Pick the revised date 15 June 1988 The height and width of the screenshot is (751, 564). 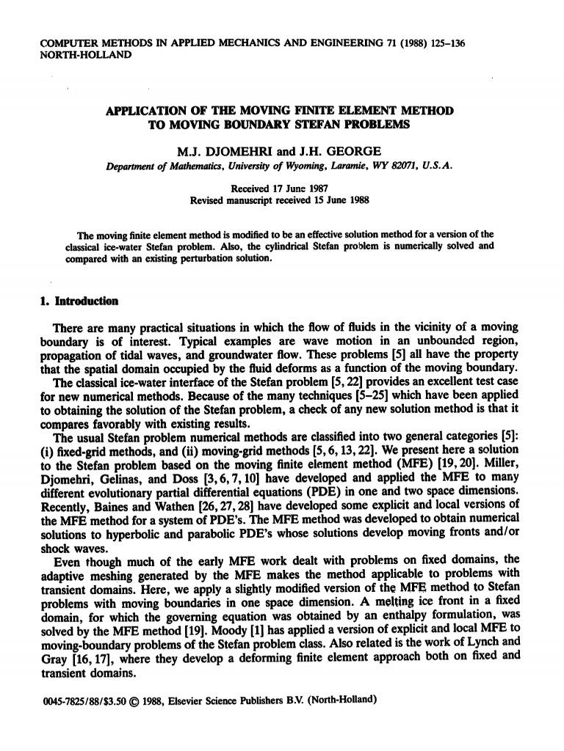(339, 199)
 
